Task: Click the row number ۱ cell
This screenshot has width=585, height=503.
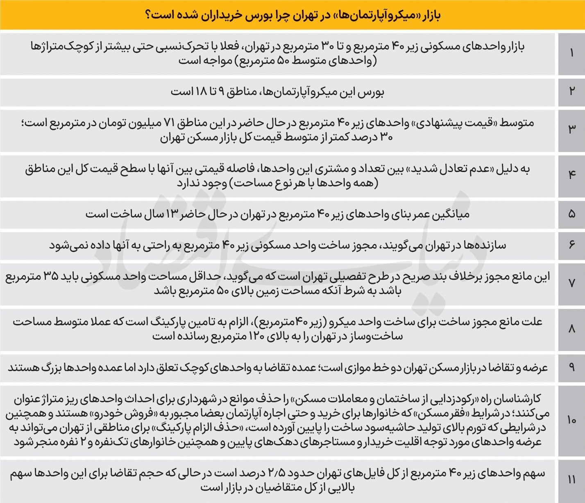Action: (571, 54)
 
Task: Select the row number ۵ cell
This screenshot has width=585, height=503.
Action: (571, 214)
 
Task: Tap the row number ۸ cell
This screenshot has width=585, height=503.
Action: (571, 329)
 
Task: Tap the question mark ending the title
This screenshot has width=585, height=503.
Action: (148, 16)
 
